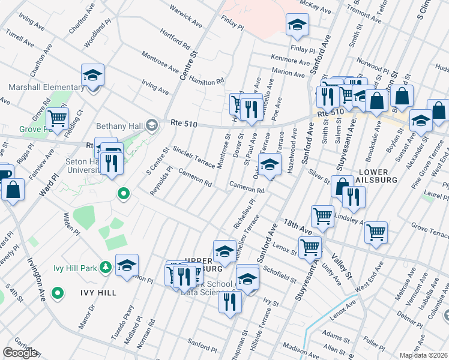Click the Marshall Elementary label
tap(46, 88)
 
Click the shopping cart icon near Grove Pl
tap(57, 119)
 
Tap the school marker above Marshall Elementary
tap(92, 76)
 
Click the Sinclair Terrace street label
tap(193, 158)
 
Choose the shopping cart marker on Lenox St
tap(310, 246)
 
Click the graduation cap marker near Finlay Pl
tap(296, 25)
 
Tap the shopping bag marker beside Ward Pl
tap(13, 189)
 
